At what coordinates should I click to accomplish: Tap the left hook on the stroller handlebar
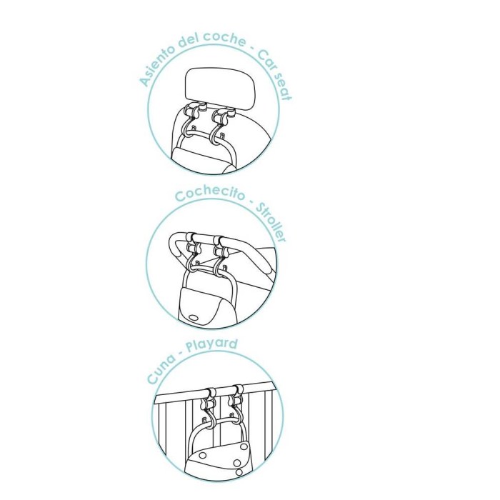[x=192, y=251]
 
